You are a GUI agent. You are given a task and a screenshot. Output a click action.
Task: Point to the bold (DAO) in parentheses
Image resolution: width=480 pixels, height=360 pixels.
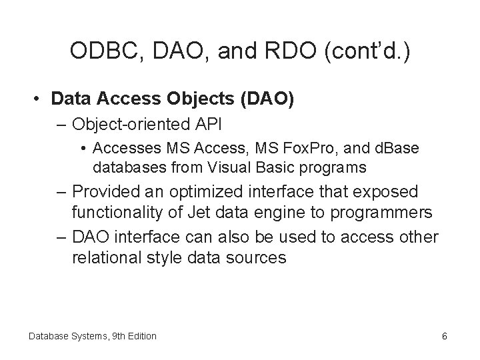click(x=268, y=99)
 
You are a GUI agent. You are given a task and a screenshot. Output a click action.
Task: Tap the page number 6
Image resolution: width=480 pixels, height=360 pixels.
click(x=444, y=336)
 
